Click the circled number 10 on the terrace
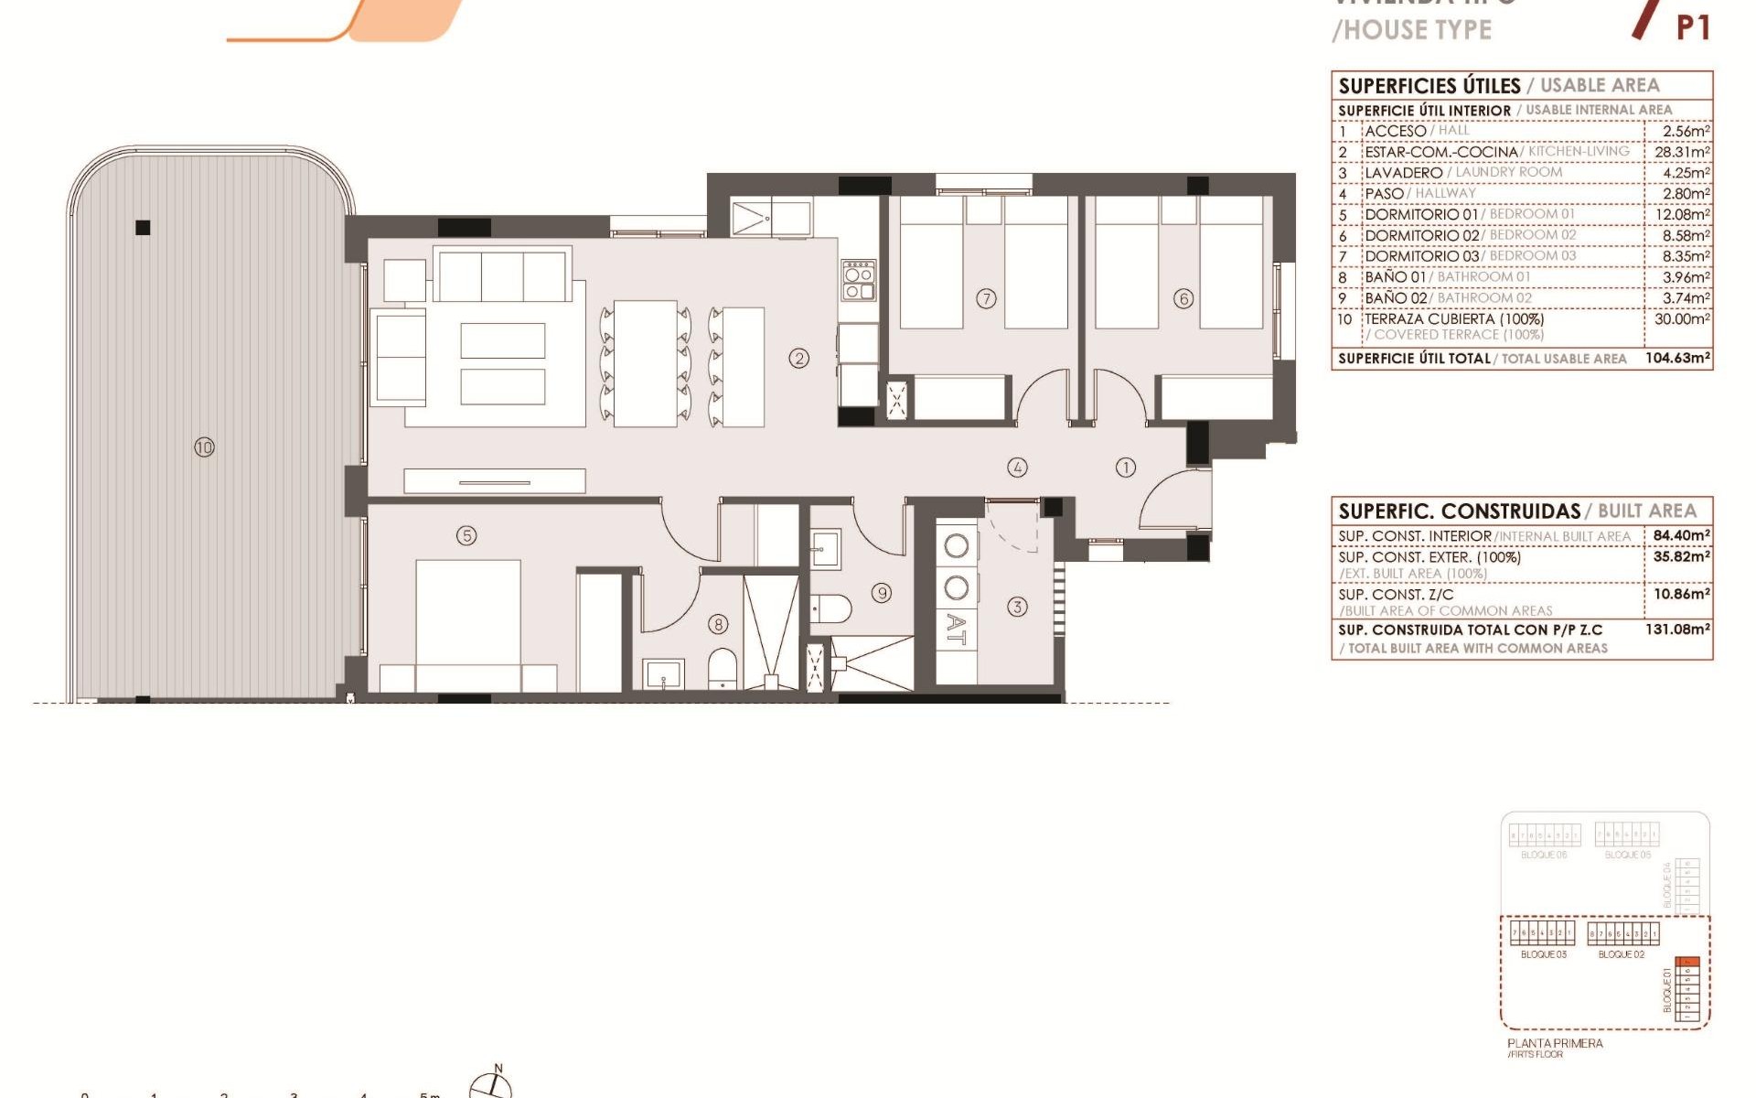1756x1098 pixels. pyautogui.click(x=204, y=447)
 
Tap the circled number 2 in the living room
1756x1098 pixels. pyautogui.click(x=798, y=358)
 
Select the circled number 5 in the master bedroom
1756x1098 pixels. pyautogui.click(x=466, y=535)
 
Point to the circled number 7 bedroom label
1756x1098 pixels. pyautogui.click(x=986, y=298)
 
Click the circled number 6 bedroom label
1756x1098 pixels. pyautogui.click(x=1183, y=298)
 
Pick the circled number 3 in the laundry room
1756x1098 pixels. pyautogui.click(x=1017, y=607)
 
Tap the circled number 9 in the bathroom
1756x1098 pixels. pyautogui.click(x=882, y=593)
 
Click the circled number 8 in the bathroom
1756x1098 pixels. pyautogui.click(x=719, y=624)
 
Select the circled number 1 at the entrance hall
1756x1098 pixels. pyautogui.click(x=1125, y=468)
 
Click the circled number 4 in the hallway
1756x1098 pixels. pyautogui.click(x=1017, y=468)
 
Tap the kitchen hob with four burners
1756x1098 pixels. pyautogui.click(x=859, y=281)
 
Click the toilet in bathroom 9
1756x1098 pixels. pyautogui.click(x=831, y=608)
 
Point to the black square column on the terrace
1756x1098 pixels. pyautogui.click(x=143, y=228)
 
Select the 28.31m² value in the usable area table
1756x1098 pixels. pyautogui.click(x=1681, y=152)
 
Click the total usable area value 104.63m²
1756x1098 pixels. pyautogui.click(x=1677, y=358)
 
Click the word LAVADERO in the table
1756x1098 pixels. pyautogui.click(x=1403, y=173)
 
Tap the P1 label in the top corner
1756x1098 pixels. pyautogui.click(x=1693, y=27)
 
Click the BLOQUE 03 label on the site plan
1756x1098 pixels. pyautogui.click(x=1543, y=954)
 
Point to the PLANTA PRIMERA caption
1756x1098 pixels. pyautogui.click(x=1555, y=1043)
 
